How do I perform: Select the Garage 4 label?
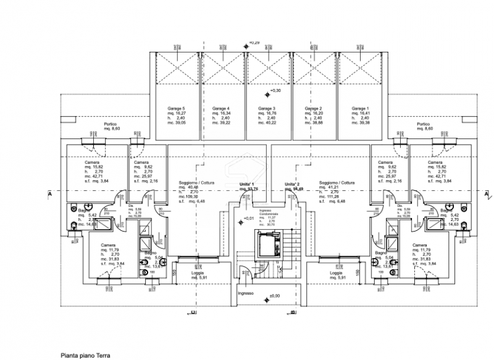(x=220, y=108)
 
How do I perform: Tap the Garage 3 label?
(x=267, y=108)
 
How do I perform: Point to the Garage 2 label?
(x=313, y=108)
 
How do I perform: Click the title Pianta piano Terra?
(x=85, y=355)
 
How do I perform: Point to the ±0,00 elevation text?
(x=275, y=296)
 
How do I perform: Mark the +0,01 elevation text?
(x=248, y=218)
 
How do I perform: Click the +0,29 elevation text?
(x=254, y=43)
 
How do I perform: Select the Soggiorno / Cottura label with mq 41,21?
(x=337, y=183)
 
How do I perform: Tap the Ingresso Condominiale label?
(x=269, y=213)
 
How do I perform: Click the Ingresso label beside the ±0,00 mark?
(x=246, y=293)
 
